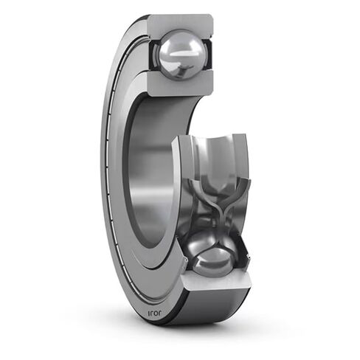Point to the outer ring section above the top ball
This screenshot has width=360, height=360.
pos(180,23)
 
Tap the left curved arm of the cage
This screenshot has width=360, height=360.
pos(193,199)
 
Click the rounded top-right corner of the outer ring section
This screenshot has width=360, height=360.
pos(209,18)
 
